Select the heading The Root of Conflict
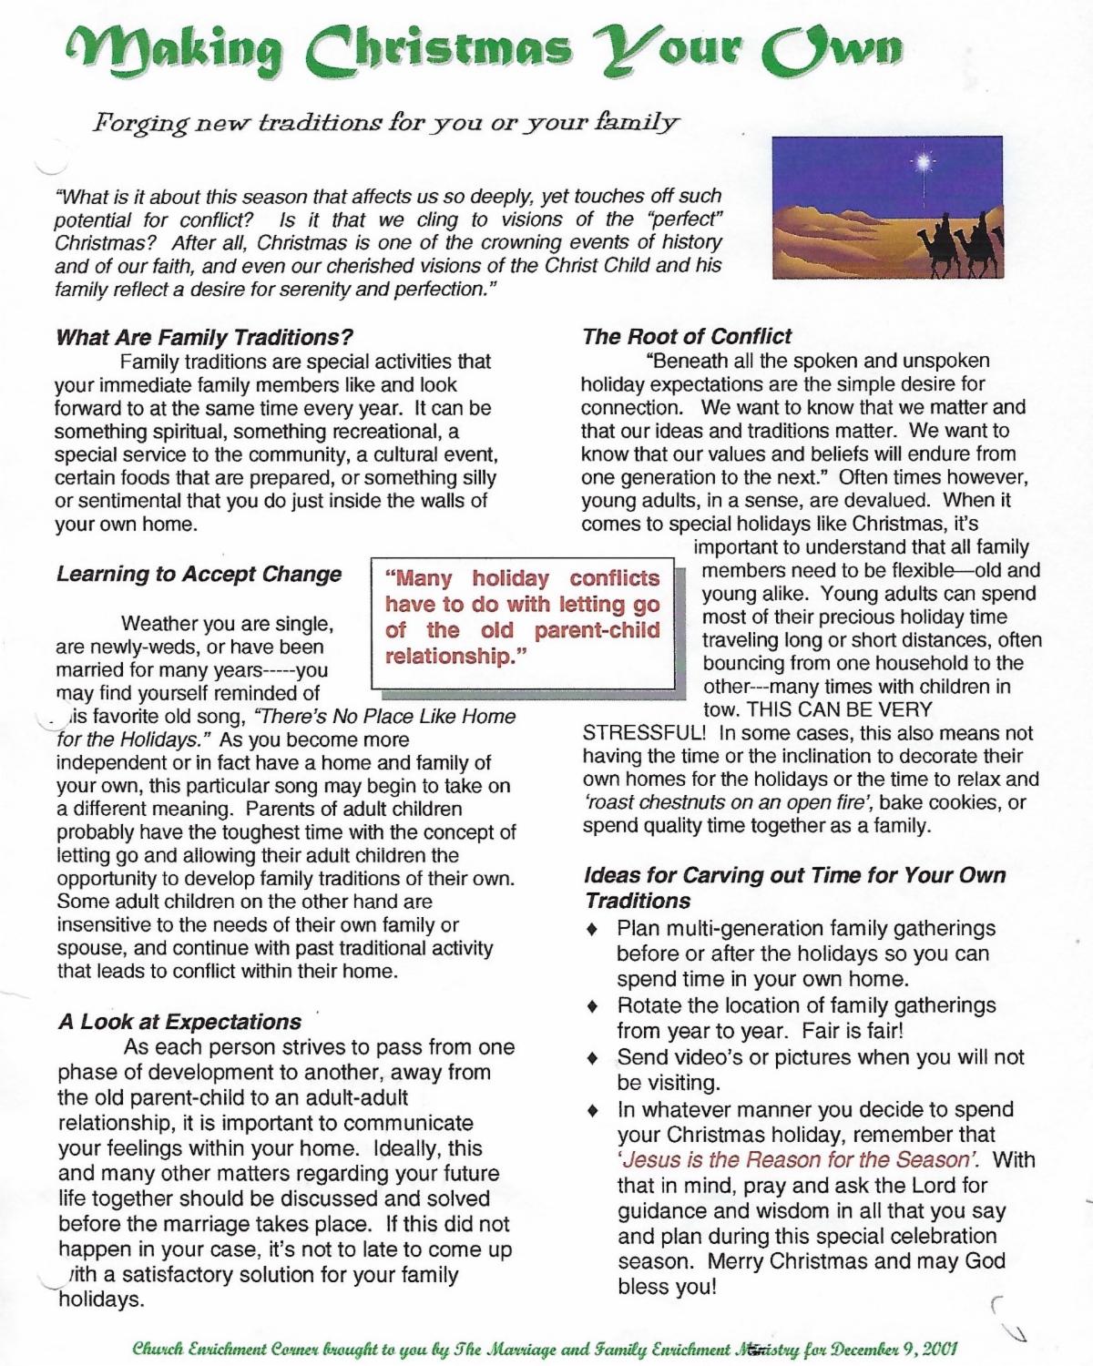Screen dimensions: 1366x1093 [x=687, y=336]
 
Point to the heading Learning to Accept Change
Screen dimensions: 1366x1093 [x=199, y=574]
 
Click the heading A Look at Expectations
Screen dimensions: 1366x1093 [x=179, y=1022]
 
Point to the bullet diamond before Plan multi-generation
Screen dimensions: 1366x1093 [x=593, y=930]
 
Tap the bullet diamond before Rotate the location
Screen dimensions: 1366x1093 [x=593, y=1006]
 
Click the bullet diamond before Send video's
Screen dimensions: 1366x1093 [x=593, y=1058]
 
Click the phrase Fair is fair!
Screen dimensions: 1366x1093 [x=853, y=1032]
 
